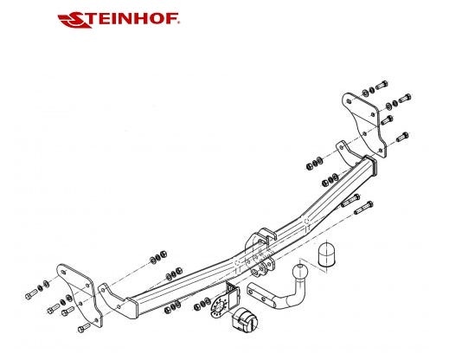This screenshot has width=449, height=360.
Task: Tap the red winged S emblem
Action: pyautogui.click(x=75, y=20)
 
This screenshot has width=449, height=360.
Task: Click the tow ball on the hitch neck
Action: pyautogui.click(x=300, y=272)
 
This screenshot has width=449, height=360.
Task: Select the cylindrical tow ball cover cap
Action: pyautogui.click(x=326, y=254)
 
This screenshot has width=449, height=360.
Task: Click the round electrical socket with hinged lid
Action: pyautogui.click(x=245, y=319)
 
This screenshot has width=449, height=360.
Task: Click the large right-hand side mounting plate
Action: pyautogui.click(x=364, y=125)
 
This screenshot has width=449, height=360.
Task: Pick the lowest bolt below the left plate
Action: pyautogui.click(x=84, y=327)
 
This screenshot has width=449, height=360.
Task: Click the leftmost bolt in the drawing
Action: pyautogui.click(x=31, y=294)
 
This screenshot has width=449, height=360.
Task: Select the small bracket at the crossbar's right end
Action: pyautogui.click(x=348, y=153)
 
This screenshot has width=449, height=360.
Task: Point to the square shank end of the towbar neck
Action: pyautogui.click(x=259, y=292)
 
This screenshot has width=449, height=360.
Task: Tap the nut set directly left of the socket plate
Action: pyautogui.click(x=202, y=305)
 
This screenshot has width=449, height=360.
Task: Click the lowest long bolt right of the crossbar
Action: pyautogui.click(x=363, y=208)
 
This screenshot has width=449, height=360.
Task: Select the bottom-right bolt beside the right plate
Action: pyautogui.click(x=402, y=137)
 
